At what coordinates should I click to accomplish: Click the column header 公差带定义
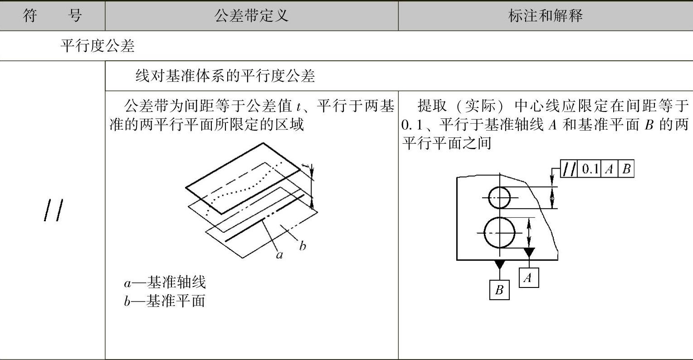point(251,16)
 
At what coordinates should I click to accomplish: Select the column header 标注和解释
point(545,16)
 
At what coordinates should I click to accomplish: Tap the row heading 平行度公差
point(98,46)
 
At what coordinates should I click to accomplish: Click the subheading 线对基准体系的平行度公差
point(225,76)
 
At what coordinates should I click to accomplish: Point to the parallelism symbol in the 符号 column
point(53,211)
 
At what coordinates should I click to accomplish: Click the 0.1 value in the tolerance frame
point(590,169)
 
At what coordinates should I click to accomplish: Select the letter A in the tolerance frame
point(609,169)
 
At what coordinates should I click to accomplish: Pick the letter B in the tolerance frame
point(626,169)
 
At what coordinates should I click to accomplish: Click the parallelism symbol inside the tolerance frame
point(569,169)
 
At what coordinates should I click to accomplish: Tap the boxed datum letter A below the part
point(528,277)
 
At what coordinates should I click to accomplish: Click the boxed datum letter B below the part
point(499,290)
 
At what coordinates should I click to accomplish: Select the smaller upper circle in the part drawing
point(499,197)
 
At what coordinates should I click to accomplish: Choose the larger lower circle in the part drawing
point(499,233)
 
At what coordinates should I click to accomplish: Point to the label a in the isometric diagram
point(279,255)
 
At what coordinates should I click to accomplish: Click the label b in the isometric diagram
point(303,246)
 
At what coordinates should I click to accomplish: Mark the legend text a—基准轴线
point(165,282)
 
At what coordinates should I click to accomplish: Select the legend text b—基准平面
point(165,301)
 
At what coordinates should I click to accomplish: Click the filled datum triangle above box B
point(499,264)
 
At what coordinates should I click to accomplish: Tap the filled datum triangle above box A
point(529,252)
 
